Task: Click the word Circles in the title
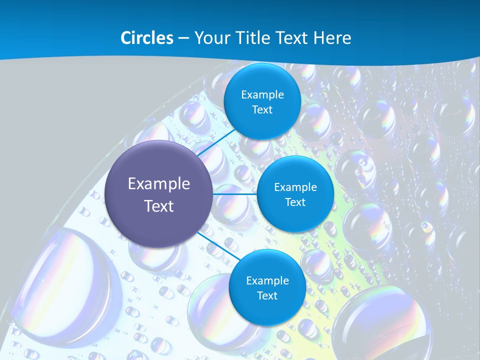pyautogui.click(x=146, y=38)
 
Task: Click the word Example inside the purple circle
pyautogui.click(x=159, y=184)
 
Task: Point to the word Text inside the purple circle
pyautogui.click(x=159, y=206)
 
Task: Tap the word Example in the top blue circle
pyautogui.click(x=262, y=95)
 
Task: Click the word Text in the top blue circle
pyautogui.click(x=262, y=110)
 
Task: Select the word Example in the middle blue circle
pyautogui.click(x=295, y=187)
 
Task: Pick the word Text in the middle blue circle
pyautogui.click(x=295, y=202)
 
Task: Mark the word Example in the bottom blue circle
pyautogui.click(x=267, y=281)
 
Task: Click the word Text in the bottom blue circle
pyautogui.click(x=267, y=296)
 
